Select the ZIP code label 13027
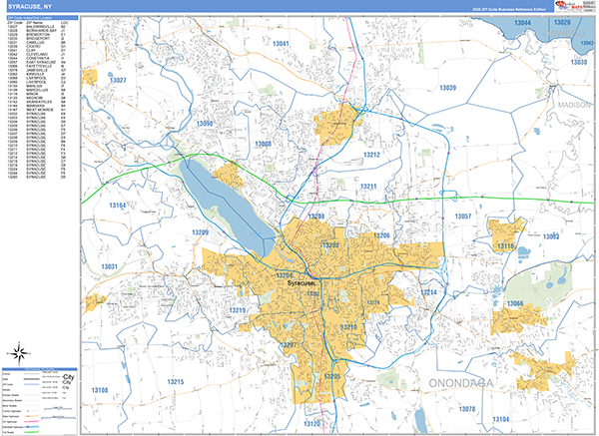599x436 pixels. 118,79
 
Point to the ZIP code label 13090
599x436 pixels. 204,124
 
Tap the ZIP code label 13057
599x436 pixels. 463,217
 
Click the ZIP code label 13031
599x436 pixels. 110,266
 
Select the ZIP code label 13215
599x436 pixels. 176,382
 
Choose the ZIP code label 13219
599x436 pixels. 237,311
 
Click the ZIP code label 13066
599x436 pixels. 515,303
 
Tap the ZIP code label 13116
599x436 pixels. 506,245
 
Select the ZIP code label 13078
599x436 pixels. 466,409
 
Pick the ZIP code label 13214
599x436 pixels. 429,292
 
